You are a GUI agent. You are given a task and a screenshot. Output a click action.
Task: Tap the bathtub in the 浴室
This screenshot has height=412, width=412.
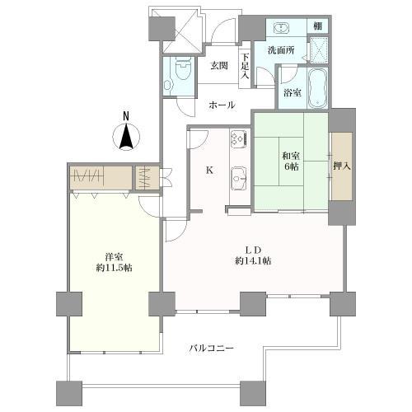[x=317, y=88]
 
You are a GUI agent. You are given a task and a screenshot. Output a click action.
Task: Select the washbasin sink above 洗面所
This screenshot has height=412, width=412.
[x=281, y=27]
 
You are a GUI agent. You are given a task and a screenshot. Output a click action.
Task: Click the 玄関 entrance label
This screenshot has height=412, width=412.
[x=219, y=66]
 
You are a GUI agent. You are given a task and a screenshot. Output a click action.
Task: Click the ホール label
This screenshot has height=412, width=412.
[x=222, y=105]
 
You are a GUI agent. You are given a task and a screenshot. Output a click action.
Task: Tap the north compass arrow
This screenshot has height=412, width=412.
[x=126, y=137]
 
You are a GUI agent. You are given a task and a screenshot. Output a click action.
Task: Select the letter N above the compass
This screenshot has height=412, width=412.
[x=126, y=116]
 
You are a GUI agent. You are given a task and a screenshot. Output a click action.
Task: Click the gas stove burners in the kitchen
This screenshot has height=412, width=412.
[x=238, y=138]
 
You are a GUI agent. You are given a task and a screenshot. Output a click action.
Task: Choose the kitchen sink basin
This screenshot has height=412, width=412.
[x=238, y=178]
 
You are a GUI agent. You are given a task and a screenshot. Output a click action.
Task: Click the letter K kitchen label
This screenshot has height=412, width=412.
[x=209, y=171]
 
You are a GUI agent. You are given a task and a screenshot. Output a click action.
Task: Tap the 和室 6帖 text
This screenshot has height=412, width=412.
[x=291, y=161]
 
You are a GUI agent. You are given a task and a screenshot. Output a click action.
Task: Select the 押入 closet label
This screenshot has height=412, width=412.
[x=342, y=166]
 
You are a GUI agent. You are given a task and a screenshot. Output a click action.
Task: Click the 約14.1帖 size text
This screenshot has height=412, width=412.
[x=253, y=260]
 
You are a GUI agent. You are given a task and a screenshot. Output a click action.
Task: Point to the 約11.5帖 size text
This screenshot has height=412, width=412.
[x=114, y=267]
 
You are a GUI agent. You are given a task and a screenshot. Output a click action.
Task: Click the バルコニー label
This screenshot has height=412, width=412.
[x=212, y=349]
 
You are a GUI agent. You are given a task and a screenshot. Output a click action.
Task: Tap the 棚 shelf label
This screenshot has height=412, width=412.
[x=318, y=26]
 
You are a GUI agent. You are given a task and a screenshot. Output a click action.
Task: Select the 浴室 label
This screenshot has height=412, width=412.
[x=293, y=93]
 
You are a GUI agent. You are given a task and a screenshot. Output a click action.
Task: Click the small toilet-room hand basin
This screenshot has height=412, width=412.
[x=167, y=85]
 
